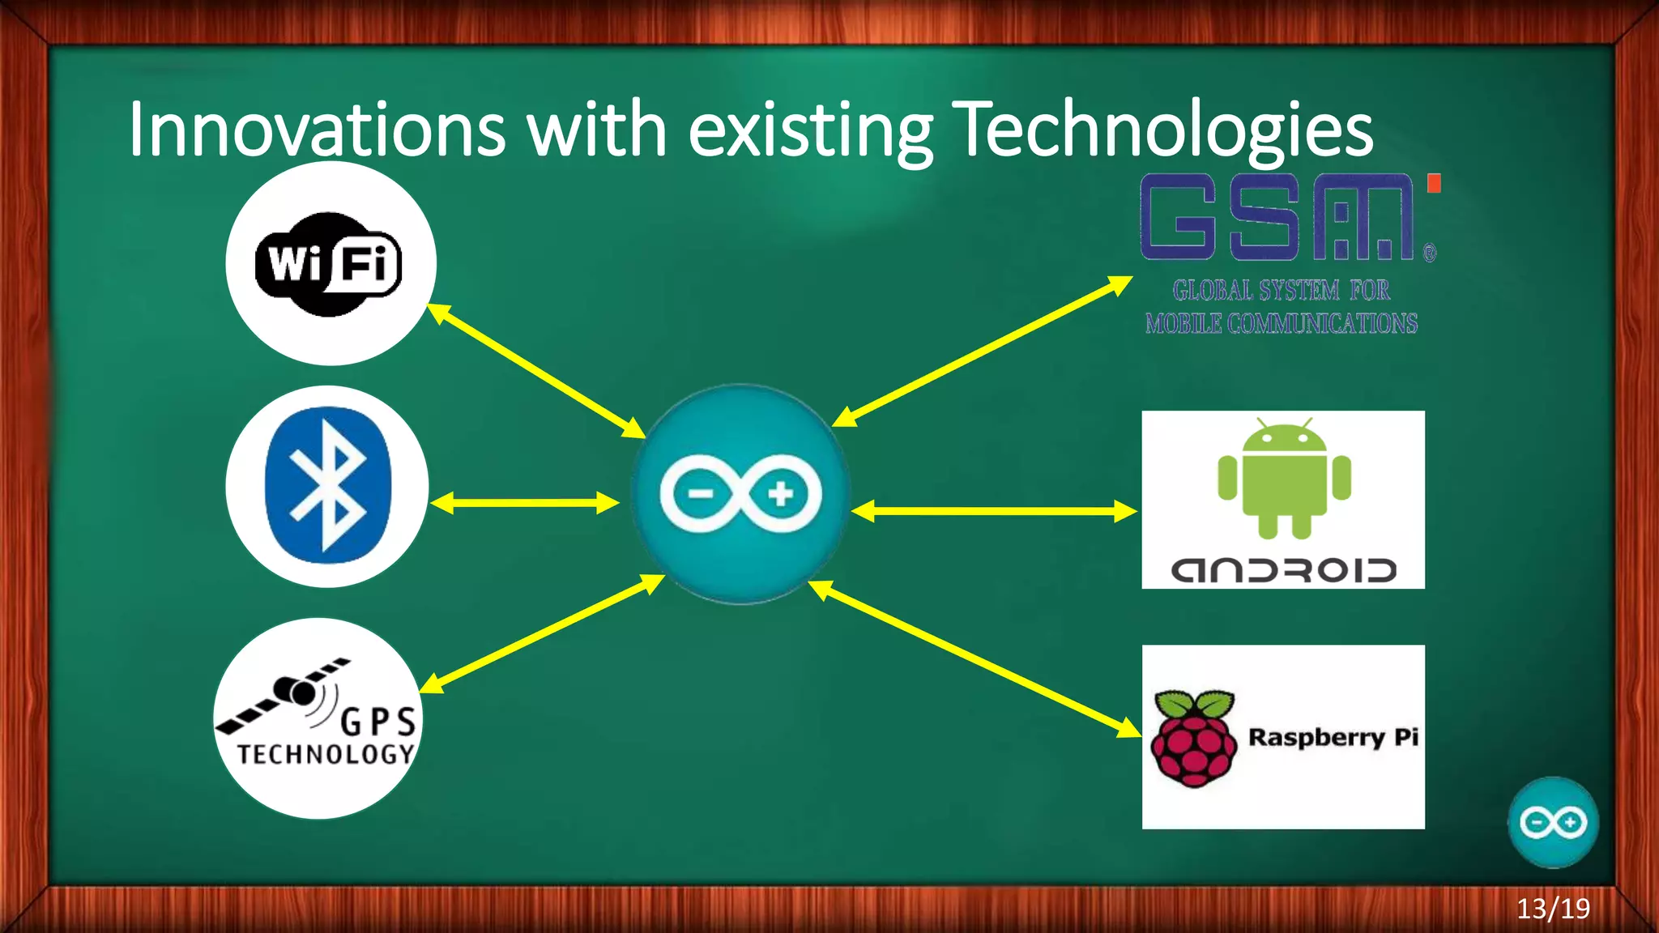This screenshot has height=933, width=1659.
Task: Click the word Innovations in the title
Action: click(317, 130)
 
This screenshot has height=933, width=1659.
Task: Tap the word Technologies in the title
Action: click(1162, 130)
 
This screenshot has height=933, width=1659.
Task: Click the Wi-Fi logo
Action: click(328, 264)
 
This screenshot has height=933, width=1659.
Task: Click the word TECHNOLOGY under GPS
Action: click(326, 754)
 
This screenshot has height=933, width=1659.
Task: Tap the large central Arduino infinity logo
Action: click(740, 494)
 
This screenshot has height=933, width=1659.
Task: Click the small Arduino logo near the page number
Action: click(1553, 822)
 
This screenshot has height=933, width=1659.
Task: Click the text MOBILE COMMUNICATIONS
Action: click(1281, 324)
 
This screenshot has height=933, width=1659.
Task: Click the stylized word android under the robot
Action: click(1284, 570)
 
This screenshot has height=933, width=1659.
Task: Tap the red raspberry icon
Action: click(1194, 739)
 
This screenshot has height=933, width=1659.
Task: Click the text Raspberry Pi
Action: click(1333, 737)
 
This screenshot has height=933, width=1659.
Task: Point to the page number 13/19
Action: click(1553, 909)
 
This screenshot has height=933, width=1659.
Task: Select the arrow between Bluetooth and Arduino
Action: click(525, 503)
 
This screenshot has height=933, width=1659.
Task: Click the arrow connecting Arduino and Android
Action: click(994, 511)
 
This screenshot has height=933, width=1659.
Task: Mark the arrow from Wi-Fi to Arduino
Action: click(535, 370)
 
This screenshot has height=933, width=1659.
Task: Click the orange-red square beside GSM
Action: click(1433, 183)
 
